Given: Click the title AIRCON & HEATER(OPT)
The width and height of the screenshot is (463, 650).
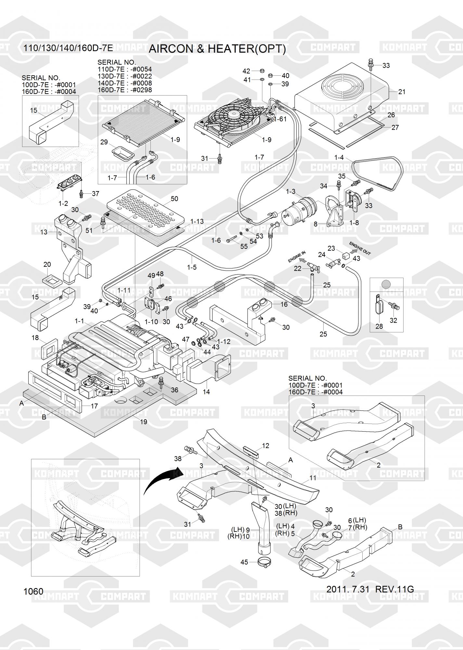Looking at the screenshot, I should (x=217, y=49).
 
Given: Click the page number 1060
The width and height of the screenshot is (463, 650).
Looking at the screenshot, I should (x=33, y=591).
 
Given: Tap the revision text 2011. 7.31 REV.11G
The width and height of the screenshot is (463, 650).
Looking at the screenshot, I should (x=370, y=589).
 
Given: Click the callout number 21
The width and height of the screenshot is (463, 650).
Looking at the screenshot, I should (x=402, y=92).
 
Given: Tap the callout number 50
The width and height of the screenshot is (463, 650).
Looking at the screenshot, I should (x=174, y=199).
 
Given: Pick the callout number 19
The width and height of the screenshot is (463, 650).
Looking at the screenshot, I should (x=143, y=422).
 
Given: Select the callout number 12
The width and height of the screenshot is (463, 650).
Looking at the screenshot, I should (x=265, y=446).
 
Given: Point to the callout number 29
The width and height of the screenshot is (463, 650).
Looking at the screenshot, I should (x=104, y=142).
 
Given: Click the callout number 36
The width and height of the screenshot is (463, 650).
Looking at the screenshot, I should (x=174, y=390).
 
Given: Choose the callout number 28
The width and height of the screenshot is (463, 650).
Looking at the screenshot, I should (x=379, y=326).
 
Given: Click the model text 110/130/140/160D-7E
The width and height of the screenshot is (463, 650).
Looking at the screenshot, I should (x=68, y=48).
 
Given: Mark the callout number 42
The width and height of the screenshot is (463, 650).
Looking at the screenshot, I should (x=246, y=71).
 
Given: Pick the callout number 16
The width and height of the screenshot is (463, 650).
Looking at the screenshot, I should (x=284, y=304).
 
